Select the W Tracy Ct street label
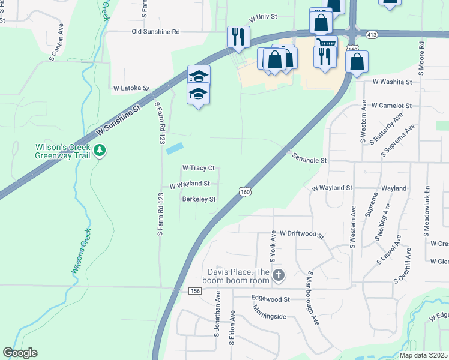pyautogui.click(x=198, y=168)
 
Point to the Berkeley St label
pyautogui.click(x=199, y=199)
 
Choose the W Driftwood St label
pyautogui.click(x=301, y=234)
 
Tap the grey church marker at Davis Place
pyautogui.click(x=278, y=275)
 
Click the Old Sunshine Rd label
pyautogui.click(x=156, y=32)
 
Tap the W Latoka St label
pyautogui.click(x=131, y=88)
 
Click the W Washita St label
pyautogui.click(x=392, y=82)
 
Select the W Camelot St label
pyautogui.click(x=391, y=106)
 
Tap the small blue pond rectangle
pyautogui.click(x=175, y=147)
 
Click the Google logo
pyautogui.click(x=20, y=353)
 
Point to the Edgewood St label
pyautogui.click(x=270, y=299)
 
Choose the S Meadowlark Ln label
pyautogui.click(x=428, y=199)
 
